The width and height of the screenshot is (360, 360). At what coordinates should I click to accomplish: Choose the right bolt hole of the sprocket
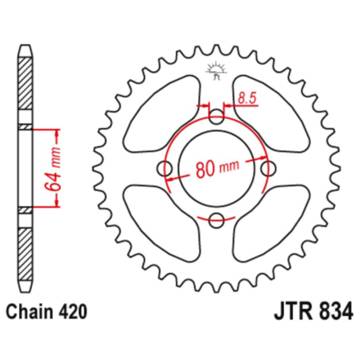click(x=269, y=168)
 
